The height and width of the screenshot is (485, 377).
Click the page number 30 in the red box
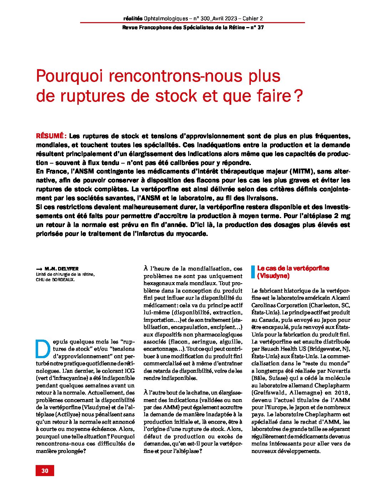(x=45, y=470)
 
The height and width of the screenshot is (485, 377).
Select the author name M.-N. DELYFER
(x=62, y=269)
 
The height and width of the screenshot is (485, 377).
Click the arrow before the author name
(x=39, y=269)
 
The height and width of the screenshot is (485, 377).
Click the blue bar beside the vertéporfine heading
(x=253, y=272)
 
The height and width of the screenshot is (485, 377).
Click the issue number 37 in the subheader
(x=260, y=28)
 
